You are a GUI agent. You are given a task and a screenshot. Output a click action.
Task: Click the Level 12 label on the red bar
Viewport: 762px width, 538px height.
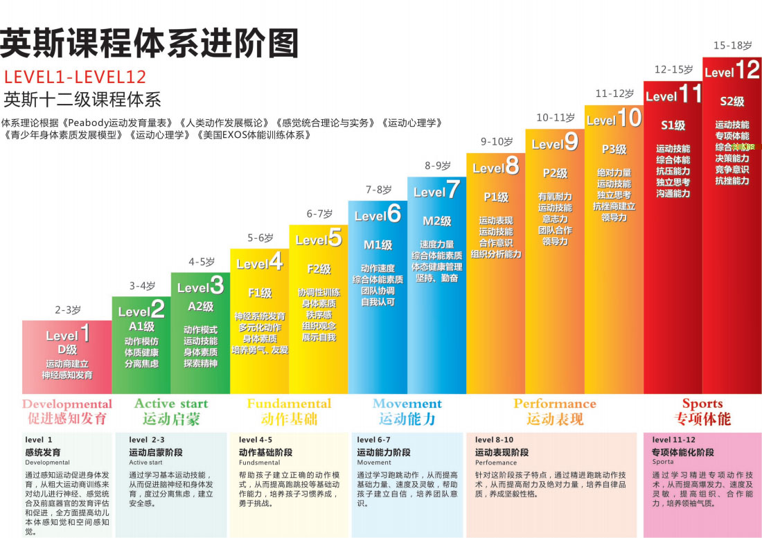[732, 71]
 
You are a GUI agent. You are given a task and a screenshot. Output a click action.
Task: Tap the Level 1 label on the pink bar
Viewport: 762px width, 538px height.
[67, 334]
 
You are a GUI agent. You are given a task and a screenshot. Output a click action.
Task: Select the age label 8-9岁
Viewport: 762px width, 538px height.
[436, 165]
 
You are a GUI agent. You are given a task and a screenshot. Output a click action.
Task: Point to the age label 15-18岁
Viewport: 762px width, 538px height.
[732, 45]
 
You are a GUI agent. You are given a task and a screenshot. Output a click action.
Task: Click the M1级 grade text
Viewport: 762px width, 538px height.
[378, 244]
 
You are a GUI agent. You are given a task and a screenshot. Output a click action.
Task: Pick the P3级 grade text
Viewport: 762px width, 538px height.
[614, 149]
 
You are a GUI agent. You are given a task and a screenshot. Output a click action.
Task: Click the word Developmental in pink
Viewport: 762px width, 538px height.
[67, 404]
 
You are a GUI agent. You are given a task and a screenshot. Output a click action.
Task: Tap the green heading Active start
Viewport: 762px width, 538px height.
[170, 403]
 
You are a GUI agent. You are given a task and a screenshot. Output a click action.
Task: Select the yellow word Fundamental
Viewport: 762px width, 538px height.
[289, 403]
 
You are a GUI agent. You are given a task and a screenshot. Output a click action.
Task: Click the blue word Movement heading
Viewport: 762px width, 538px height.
[407, 403]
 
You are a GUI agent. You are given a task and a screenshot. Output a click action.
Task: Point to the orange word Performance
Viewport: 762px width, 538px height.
[554, 403]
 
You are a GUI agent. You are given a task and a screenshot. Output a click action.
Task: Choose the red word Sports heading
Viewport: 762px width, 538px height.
[702, 403]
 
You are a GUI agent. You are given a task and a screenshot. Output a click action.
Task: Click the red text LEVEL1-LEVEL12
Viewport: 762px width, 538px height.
[76, 77]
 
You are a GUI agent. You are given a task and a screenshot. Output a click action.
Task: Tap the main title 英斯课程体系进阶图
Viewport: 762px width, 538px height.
[150, 43]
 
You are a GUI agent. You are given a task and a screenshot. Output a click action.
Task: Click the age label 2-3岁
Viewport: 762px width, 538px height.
[68, 310]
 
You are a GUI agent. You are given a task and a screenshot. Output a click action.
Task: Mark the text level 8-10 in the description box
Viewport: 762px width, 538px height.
[494, 440]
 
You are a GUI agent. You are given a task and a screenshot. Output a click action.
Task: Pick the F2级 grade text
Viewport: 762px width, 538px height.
[319, 269]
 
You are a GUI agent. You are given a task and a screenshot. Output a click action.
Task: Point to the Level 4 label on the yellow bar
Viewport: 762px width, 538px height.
[259, 262]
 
